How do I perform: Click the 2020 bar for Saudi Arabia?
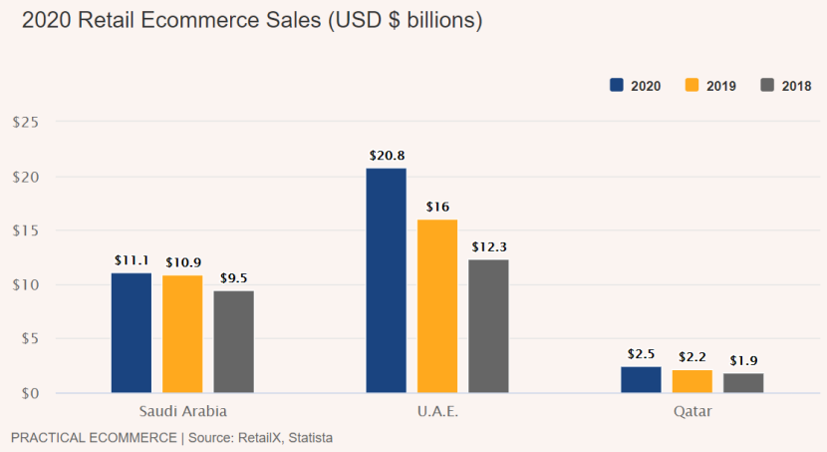pyautogui.click(x=132, y=332)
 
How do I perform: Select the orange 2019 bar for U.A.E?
pyautogui.click(x=437, y=305)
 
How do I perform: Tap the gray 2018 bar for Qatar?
pyautogui.click(x=743, y=383)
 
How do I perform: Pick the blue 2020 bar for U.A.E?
pyautogui.click(x=386, y=280)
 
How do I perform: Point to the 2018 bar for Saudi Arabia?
pyautogui.click(x=233, y=341)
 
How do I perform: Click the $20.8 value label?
pyautogui.click(x=386, y=156)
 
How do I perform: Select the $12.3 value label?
pyautogui.click(x=488, y=246)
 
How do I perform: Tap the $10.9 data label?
pyautogui.click(x=182, y=261)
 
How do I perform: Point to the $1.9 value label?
pyautogui.click(x=743, y=360)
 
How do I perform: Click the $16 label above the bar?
pyautogui.click(x=437, y=207)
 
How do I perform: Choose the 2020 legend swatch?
pyautogui.click(x=616, y=85)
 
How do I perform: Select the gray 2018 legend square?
pyautogui.click(x=767, y=85)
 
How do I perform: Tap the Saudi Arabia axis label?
pyautogui.click(x=182, y=411)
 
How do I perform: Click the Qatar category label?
pyautogui.click(x=692, y=411)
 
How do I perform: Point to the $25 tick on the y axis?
pyautogui.click(x=25, y=123)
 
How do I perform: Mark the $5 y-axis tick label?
pyautogui.click(x=29, y=339)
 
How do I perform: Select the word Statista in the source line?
pyautogui.click(x=308, y=437)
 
